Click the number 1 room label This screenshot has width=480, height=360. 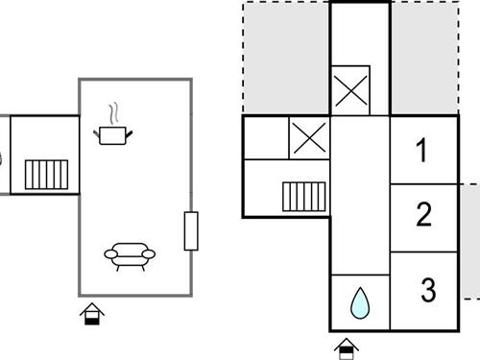[421, 151]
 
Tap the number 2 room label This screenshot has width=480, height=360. [423, 216]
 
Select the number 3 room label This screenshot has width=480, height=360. [427, 289]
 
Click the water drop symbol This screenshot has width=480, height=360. [360, 302]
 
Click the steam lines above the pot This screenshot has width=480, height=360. [115, 113]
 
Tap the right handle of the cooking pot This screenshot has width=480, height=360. [132, 131]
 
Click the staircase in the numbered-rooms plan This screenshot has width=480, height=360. [305, 197]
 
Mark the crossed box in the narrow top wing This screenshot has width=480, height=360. [359, 92]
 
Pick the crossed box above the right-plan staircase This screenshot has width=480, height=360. [309, 138]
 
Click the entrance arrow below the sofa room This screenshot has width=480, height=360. [92, 313]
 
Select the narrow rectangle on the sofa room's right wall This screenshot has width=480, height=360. [190, 230]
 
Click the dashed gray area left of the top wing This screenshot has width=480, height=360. [285, 58]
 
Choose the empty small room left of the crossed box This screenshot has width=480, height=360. [265, 138]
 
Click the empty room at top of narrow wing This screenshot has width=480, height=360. [359, 34]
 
